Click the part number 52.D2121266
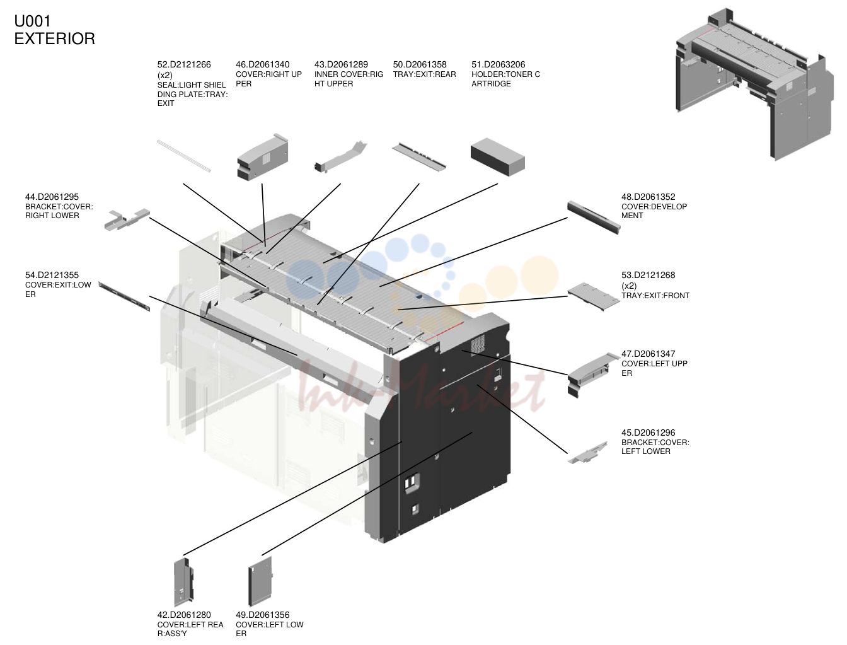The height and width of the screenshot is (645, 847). [x=184, y=64]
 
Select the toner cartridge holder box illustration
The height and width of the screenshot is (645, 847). [x=497, y=157]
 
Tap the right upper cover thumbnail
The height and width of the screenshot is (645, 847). [x=263, y=157]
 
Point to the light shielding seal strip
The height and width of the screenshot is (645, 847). [x=183, y=156]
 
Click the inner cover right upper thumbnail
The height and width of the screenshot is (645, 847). [x=340, y=158]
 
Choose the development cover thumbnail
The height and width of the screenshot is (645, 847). [x=594, y=217]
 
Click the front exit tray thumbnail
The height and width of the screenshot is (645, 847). [x=594, y=296]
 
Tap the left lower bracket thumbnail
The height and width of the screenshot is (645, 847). [x=588, y=453]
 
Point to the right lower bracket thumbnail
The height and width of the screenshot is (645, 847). [x=127, y=219]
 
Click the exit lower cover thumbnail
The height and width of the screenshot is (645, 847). [x=124, y=296]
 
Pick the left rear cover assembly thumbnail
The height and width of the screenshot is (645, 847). [x=183, y=583]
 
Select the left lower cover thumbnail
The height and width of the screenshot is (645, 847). [x=260, y=581]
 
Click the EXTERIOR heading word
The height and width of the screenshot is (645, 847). [x=55, y=38]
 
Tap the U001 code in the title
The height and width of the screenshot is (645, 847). [x=32, y=21]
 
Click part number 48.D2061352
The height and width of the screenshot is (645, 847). [x=648, y=197]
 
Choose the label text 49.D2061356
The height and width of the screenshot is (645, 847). [x=262, y=615]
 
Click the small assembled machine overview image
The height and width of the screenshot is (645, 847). [x=754, y=84]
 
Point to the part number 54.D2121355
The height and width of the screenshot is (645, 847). [x=52, y=276]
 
